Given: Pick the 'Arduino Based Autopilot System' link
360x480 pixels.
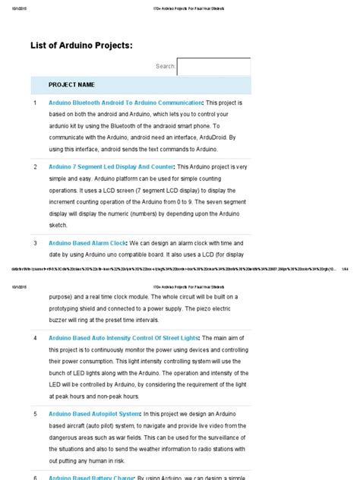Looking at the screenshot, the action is coord(95,414).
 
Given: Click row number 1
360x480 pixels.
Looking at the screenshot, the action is coord(35,102).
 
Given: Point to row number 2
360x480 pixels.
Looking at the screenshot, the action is coord(35,166).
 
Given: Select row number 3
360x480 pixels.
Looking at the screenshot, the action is coord(35,243).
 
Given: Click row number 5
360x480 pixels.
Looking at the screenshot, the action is coord(35,414).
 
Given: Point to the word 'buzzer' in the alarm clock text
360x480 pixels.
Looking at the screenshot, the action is coord(62,319).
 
